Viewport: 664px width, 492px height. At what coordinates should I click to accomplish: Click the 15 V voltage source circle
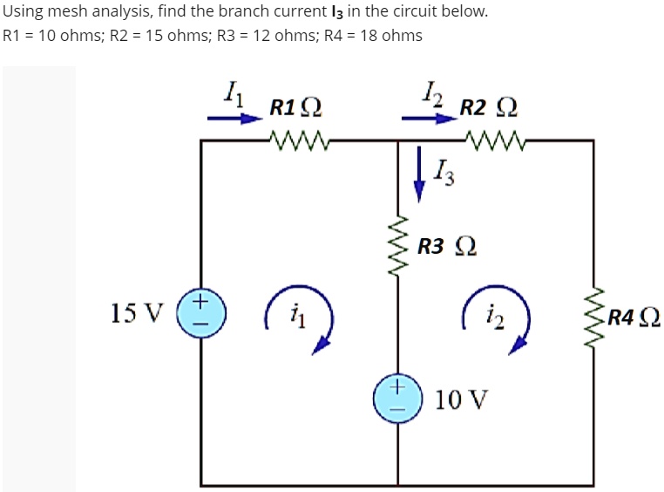click(201, 312)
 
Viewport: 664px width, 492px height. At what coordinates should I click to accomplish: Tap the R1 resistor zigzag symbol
click(297, 139)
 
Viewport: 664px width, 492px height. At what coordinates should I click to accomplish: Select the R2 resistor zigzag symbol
click(495, 139)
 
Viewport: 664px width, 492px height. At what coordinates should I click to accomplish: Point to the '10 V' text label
click(461, 400)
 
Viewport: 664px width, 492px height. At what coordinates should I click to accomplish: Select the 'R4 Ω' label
click(634, 317)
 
